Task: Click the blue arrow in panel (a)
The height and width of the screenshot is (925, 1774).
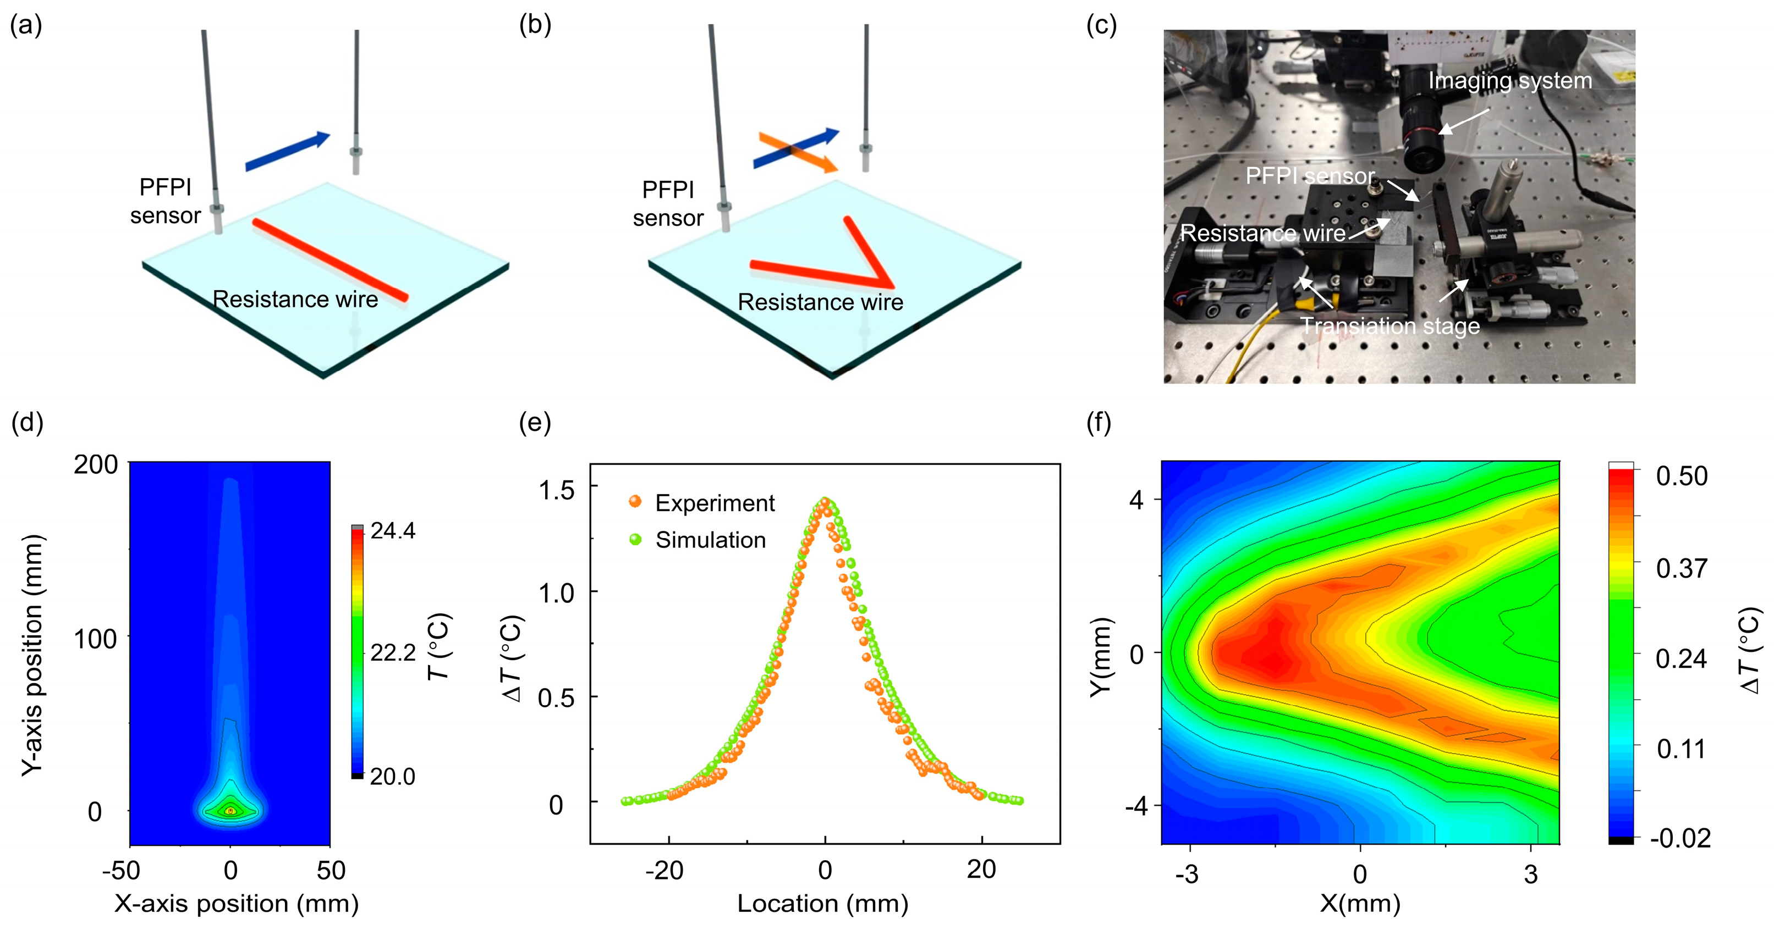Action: click(288, 151)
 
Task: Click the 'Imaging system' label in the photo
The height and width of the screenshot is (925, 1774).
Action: click(1509, 81)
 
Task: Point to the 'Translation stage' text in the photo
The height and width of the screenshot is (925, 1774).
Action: click(1389, 325)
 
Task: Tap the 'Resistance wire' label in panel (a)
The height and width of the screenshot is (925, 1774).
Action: click(295, 300)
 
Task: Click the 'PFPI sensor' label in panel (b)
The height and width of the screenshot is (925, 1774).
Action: click(667, 204)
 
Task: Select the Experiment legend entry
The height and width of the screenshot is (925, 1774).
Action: click(714, 503)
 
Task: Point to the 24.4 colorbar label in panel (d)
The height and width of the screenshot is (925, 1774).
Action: click(393, 530)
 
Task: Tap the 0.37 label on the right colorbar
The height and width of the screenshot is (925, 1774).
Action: click(1681, 568)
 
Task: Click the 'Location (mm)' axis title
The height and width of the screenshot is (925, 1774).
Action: click(823, 903)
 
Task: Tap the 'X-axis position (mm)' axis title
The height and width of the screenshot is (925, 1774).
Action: click(236, 903)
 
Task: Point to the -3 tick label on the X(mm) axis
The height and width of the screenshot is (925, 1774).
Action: click(1187, 874)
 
